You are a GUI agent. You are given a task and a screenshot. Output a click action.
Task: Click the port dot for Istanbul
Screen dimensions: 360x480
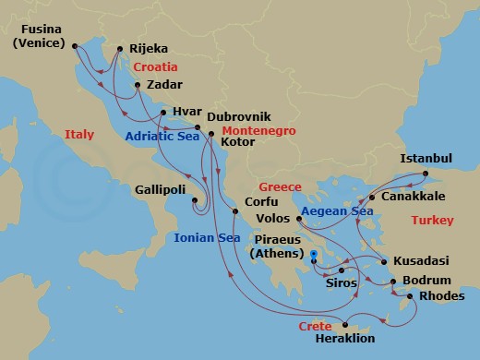pos(426,174)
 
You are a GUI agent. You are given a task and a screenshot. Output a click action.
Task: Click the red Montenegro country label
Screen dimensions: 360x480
pos(258,132)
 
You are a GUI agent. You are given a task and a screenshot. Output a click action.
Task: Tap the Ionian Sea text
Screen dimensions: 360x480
pos(208,237)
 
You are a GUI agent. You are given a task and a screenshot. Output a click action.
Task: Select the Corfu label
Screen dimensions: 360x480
pos(261,200)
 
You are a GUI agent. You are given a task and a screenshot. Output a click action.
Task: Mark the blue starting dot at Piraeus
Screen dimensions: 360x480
pos(314,254)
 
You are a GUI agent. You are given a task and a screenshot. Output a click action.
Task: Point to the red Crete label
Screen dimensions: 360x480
pos(315,327)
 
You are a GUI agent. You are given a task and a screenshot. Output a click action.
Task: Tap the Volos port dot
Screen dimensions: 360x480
pos(300,219)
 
